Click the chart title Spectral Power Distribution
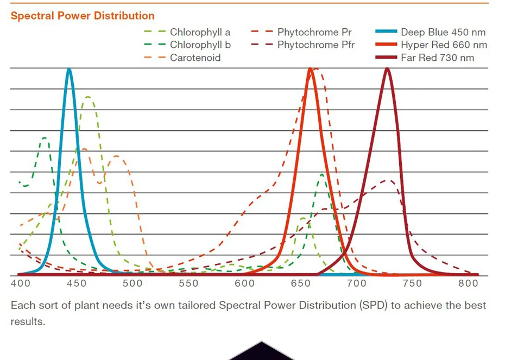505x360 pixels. coord(83,16)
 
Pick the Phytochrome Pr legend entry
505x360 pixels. coord(314,33)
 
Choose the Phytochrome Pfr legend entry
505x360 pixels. coord(315,45)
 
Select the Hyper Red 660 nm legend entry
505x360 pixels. coord(444,45)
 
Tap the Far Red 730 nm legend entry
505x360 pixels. coord(437,58)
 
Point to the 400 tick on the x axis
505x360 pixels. coord(20,283)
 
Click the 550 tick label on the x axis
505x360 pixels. coord(188,283)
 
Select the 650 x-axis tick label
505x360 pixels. coord(300,283)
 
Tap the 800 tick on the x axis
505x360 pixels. coord(468,283)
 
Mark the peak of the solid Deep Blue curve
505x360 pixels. coord(69,69)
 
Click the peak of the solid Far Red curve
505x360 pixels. coord(387,69)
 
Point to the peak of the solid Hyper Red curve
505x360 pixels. coord(310,69)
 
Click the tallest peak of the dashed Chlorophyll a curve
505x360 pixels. coord(87,97)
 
